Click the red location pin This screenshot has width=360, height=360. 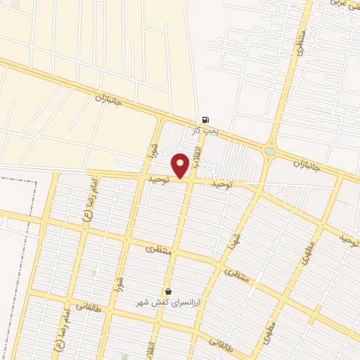pyautogui.click(x=181, y=165)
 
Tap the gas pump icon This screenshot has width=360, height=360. pyautogui.click(x=205, y=120)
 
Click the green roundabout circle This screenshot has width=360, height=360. pyautogui.click(x=271, y=151)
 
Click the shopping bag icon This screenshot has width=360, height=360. pyautogui.click(x=168, y=291)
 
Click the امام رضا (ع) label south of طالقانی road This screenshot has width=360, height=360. pyautogui.click(x=63, y=323)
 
